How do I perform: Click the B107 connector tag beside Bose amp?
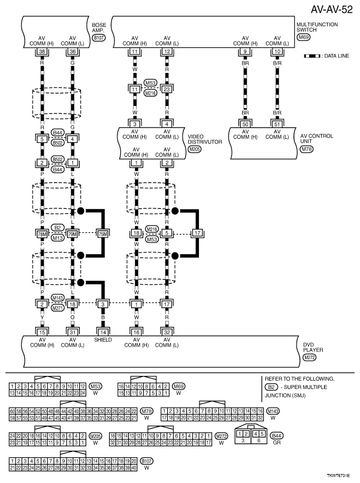(98, 38)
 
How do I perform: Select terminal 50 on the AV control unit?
(244, 123)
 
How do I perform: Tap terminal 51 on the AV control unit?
(277, 123)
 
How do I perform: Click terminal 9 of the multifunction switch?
(244, 52)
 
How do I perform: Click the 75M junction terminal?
(104, 233)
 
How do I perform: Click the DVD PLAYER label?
(309, 347)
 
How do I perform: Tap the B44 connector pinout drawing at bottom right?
(251, 436)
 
